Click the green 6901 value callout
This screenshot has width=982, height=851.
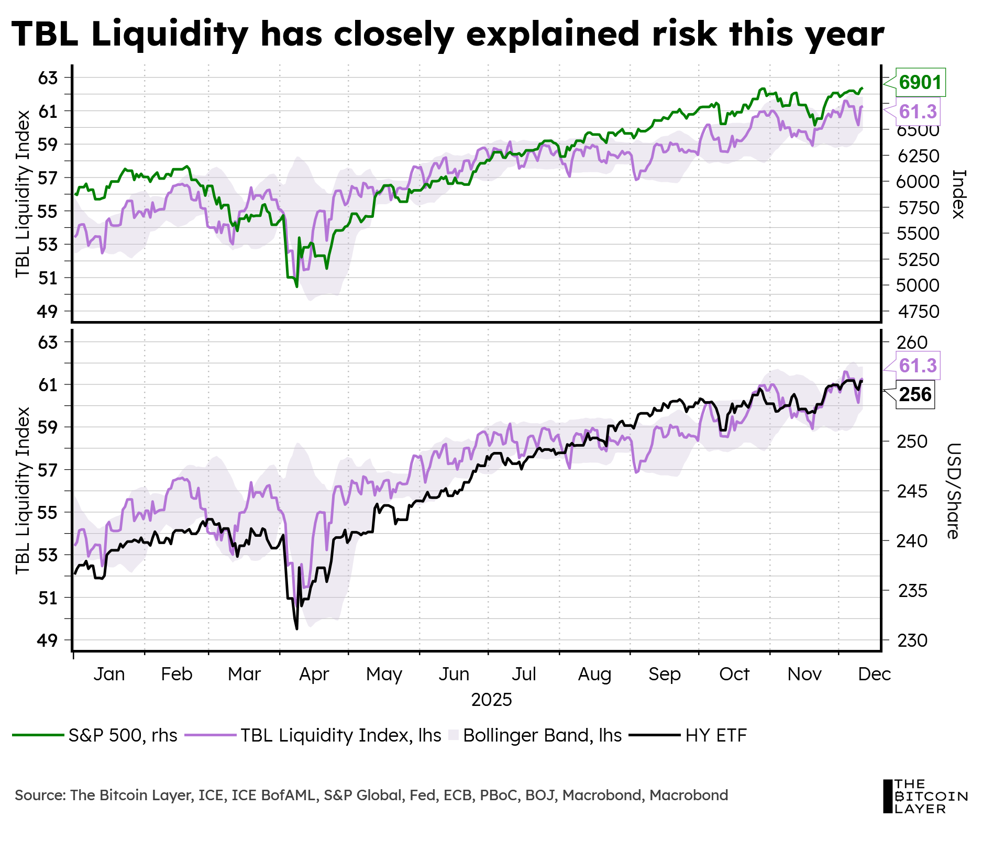[920, 83]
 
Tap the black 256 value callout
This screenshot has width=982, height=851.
[915, 394]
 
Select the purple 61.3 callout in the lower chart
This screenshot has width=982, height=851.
[918, 365]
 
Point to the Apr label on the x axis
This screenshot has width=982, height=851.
[314, 674]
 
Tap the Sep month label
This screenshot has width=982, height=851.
[664, 674]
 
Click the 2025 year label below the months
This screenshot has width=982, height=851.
[491, 700]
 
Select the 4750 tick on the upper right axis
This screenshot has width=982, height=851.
[918, 312]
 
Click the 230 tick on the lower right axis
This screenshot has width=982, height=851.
[912, 640]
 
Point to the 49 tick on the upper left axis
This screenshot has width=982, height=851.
[47, 312]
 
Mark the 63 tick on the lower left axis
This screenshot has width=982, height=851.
[47, 342]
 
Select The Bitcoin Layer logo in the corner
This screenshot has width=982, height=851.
[924, 795]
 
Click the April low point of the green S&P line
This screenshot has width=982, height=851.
[297, 286]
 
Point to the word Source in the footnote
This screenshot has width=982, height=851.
[40, 795]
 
